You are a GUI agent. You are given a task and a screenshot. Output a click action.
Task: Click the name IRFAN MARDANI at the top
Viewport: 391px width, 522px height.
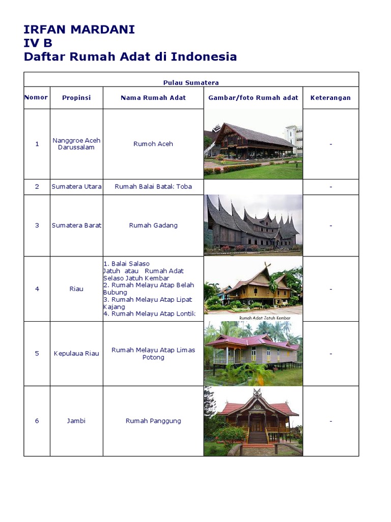[x=79, y=30]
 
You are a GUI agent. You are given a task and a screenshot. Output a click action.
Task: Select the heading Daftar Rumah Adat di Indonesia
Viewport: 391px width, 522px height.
[x=130, y=57]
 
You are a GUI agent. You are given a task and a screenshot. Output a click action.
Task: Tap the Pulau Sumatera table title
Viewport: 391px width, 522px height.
[x=191, y=83]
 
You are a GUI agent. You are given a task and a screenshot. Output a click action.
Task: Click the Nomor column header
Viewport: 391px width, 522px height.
[x=36, y=97]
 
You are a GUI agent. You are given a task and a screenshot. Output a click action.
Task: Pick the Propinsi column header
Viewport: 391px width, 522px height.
[x=76, y=98]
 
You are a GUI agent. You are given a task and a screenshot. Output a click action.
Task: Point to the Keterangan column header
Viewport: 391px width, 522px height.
[x=330, y=98]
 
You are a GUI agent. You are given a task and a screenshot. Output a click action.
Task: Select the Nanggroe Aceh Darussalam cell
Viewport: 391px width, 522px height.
[x=76, y=144]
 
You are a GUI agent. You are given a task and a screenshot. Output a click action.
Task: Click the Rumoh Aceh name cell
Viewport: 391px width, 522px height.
[x=153, y=144]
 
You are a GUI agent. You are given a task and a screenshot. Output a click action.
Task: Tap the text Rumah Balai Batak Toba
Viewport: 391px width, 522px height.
[x=153, y=187]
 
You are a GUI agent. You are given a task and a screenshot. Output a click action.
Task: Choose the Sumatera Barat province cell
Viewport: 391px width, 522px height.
[x=76, y=225]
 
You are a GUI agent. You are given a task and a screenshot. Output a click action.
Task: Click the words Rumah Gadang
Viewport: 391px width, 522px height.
[x=153, y=225]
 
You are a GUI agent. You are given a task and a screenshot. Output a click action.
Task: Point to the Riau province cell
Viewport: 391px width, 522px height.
[x=76, y=289]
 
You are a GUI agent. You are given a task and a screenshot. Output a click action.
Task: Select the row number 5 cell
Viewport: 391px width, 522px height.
[x=37, y=353]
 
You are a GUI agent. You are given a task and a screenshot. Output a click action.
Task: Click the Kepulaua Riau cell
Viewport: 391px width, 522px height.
[x=76, y=353]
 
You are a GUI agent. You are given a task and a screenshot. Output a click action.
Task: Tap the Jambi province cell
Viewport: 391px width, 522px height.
[x=76, y=421]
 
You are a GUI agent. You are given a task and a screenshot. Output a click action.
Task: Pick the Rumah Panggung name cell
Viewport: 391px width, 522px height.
[x=153, y=421]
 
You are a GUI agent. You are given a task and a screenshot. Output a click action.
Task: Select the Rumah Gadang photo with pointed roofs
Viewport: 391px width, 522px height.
[x=253, y=225]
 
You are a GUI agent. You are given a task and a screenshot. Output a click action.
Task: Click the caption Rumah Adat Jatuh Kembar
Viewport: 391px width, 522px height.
[x=265, y=318]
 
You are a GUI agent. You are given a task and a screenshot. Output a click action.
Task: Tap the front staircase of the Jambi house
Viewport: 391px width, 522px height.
[x=258, y=437]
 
